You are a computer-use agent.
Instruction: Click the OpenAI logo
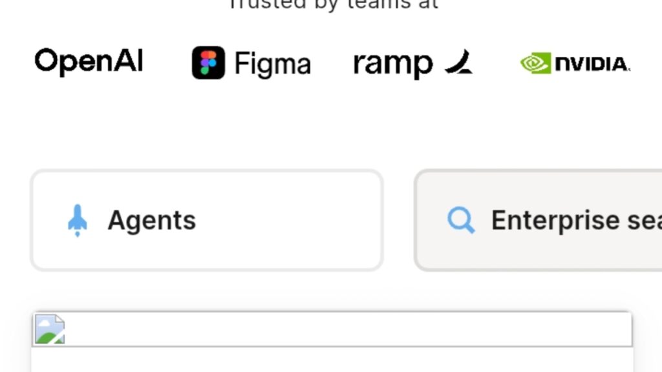(89, 62)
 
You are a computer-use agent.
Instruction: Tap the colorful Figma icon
(208, 63)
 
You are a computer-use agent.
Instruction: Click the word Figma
(272, 64)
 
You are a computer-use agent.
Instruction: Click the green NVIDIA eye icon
(535, 63)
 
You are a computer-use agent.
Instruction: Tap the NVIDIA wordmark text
(592, 64)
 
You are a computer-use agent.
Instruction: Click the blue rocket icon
(78, 220)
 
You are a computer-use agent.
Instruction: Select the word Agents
(152, 220)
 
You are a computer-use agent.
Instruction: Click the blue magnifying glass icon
(461, 220)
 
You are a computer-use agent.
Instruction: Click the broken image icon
(49, 329)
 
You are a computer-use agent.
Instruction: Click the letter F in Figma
(241, 64)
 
